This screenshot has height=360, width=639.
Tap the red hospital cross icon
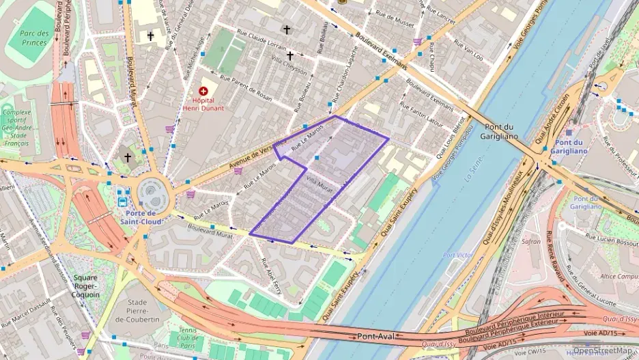pos(203,91)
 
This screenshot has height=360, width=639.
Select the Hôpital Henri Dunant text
pos(203,104)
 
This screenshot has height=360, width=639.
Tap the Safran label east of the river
pos(531,241)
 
